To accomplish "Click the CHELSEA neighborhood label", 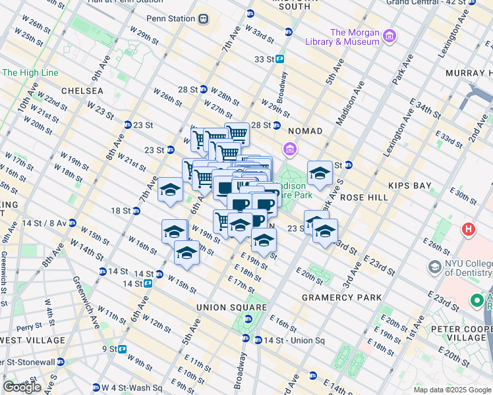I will tap(82, 90).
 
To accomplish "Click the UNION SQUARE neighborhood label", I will tap(230, 307).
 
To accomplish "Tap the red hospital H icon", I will tap(469, 230).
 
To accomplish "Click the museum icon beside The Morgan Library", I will tap(389, 34).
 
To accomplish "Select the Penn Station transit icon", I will tap(204, 18).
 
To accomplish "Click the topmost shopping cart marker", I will tap(237, 134).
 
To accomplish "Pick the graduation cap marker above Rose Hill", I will tap(320, 173).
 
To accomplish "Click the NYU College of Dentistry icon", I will tap(435, 267).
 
